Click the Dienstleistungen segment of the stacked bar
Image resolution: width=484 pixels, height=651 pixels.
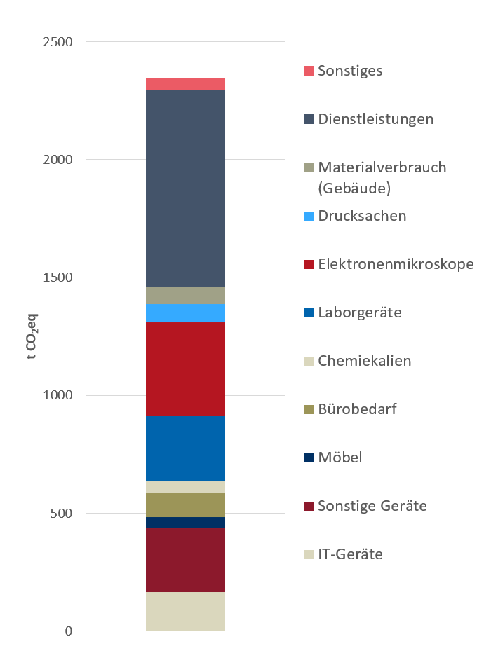(185, 188)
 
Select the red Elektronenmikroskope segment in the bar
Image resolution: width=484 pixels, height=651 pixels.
(185, 369)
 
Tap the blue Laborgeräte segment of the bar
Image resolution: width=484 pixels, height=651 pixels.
(185, 448)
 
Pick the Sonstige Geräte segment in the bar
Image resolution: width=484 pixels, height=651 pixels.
(185, 560)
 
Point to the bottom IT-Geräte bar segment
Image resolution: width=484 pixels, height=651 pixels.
(185, 611)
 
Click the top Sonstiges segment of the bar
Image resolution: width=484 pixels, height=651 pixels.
(185, 84)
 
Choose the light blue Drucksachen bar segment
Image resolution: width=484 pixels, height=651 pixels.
(185, 313)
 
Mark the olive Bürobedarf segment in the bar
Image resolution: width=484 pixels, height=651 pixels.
(185, 505)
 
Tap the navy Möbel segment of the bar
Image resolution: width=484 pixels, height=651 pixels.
(185, 523)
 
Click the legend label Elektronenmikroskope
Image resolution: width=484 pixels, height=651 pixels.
(396, 264)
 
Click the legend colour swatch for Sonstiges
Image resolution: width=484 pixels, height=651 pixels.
(309, 71)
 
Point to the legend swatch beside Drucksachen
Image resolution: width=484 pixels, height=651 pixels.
(309, 216)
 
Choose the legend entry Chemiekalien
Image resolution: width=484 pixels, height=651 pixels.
(364, 361)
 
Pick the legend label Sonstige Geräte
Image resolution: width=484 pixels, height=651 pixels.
(372, 506)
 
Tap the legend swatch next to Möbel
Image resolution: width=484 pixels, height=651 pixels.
(309, 458)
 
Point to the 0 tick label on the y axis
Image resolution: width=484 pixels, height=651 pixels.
(69, 631)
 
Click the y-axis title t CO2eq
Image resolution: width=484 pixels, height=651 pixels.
(32, 337)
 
